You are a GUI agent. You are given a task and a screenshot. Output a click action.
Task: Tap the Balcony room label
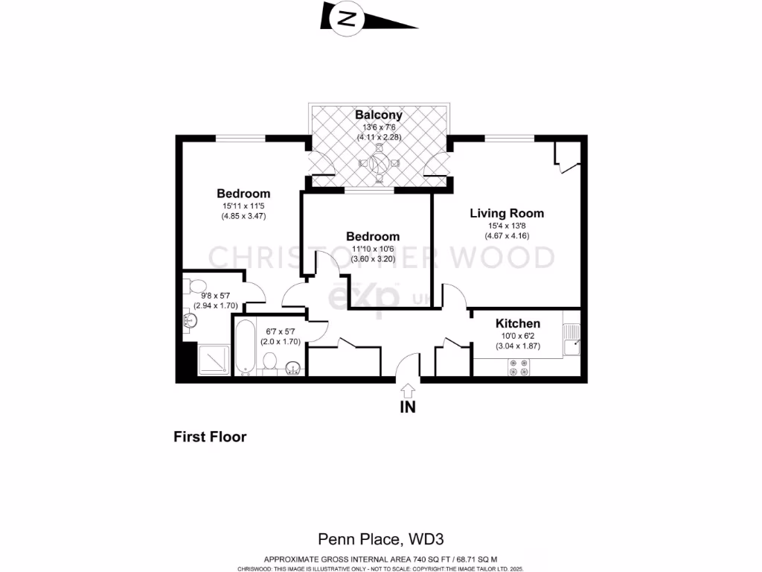point(378,115)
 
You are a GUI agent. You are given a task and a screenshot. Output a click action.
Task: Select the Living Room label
point(506,213)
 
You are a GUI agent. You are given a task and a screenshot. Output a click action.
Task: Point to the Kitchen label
point(518,323)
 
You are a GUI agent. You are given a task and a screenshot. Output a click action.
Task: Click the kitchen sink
point(573,344)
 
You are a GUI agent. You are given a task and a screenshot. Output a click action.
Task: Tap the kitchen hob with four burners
point(518,366)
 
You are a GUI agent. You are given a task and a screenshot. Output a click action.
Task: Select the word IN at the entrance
point(408,407)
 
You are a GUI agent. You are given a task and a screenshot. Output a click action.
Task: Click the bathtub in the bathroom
point(244,347)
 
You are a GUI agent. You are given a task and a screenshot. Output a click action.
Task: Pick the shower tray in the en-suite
point(214,360)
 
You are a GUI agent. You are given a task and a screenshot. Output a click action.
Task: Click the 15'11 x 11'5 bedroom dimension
point(243,206)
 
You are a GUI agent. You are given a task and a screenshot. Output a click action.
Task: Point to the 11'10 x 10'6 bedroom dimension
point(373,250)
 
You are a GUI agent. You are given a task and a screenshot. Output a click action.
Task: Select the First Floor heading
point(210,437)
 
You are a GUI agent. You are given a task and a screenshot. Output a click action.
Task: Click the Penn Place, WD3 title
point(381,538)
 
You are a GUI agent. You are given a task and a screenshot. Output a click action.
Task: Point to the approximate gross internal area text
point(381,559)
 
